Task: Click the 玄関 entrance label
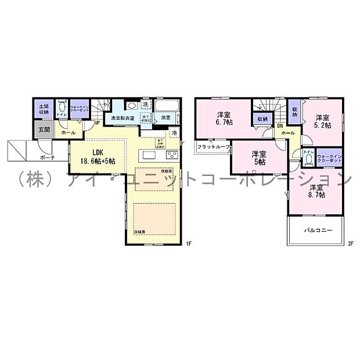pos(44,130)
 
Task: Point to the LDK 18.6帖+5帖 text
pos(93,155)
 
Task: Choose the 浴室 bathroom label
pos(165,118)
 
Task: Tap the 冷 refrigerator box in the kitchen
pos(174,133)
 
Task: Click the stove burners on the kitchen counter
pos(172,155)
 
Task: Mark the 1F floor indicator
pos(188,243)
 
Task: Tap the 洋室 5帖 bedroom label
pos(258,158)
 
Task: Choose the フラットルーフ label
pos(214,146)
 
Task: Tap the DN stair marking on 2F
pos(279,125)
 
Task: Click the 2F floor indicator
pos(351,243)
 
